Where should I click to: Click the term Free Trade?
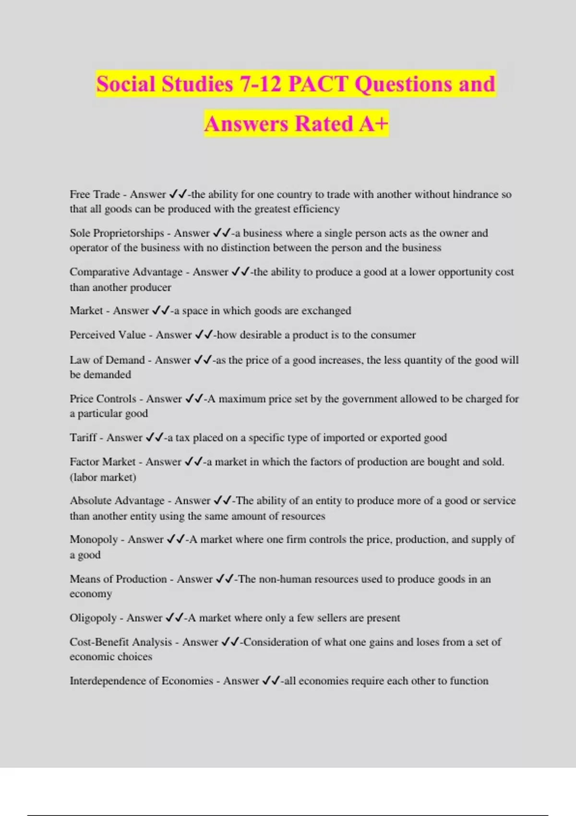95,194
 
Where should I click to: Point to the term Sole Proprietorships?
117,233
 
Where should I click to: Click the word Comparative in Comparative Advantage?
99,272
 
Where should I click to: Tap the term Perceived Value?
108,335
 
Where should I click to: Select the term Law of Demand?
107,360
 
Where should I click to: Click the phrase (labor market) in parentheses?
103,477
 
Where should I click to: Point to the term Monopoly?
94,540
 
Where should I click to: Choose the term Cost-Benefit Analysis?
120,642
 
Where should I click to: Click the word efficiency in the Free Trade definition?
316,209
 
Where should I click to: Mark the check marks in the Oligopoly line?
175,618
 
